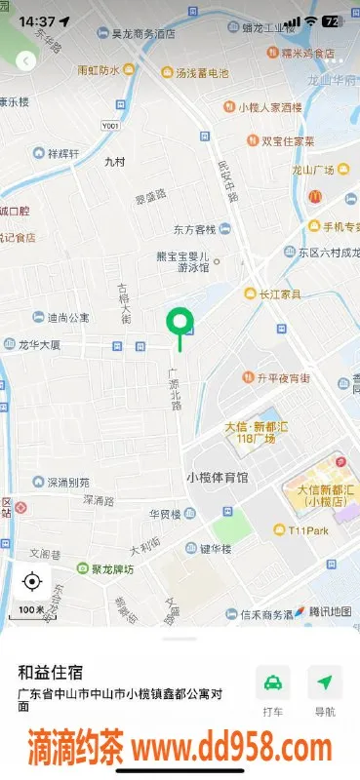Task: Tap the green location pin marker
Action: pyautogui.click(x=179, y=322)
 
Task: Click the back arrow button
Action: pyautogui.click(x=25, y=60)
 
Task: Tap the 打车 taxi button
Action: pyautogui.click(x=273, y=688)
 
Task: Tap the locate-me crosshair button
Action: pyautogui.click(x=31, y=582)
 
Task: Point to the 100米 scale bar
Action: pyautogui.click(x=31, y=610)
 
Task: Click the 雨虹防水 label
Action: pyautogui.click(x=99, y=70)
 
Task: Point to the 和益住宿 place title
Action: pyautogui.click(x=50, y=672)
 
